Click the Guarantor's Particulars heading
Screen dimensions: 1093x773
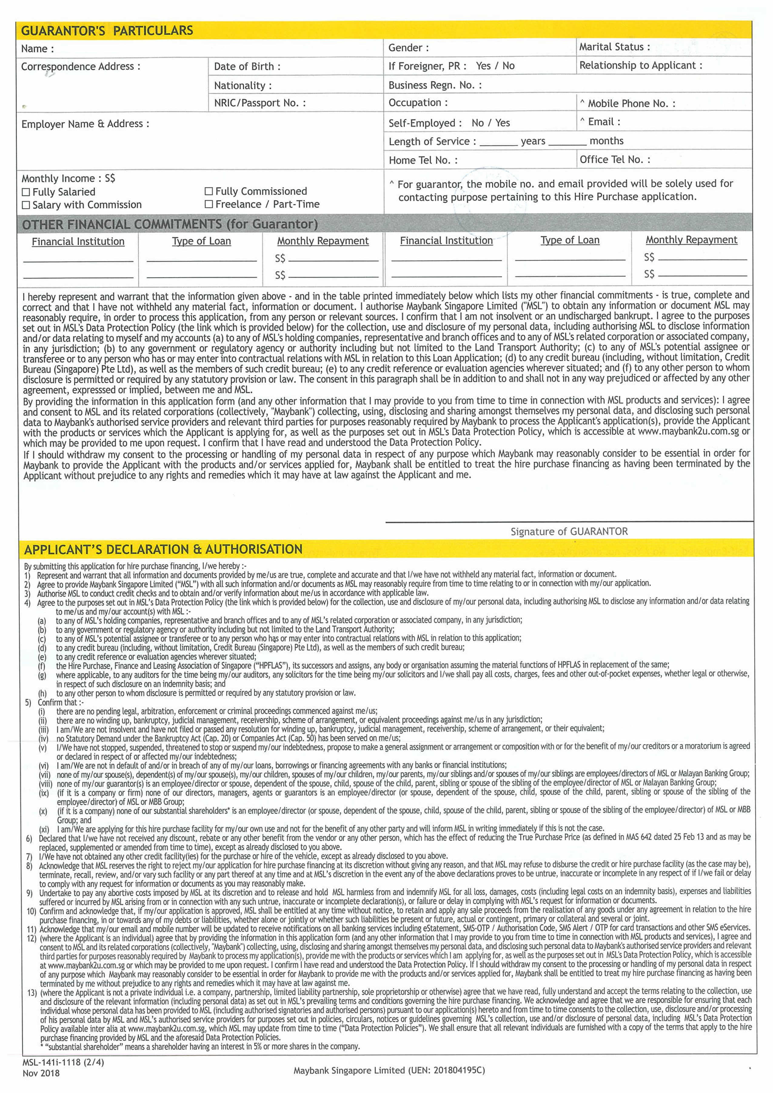(x=107, y=31)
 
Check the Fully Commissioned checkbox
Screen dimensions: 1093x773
(x=209, y=191)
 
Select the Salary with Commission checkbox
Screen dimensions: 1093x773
(x=26, y=205)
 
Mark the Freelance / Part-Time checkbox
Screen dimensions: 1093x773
(x=209, y=204)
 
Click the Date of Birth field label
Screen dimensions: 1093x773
(x=247, y=67)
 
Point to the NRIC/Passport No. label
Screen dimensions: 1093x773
(x=259, y=103)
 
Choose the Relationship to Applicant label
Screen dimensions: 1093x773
(x=640, y=66)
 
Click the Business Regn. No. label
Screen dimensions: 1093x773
(x=434, y=85)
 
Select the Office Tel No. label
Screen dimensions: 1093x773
(x=614, y=159)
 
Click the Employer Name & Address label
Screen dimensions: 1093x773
(x=85, y=124)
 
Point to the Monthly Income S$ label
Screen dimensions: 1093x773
(x=68, y=178)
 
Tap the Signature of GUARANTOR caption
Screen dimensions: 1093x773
(x=569, y=531)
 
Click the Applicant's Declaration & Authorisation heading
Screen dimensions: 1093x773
(x=163, y=549)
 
